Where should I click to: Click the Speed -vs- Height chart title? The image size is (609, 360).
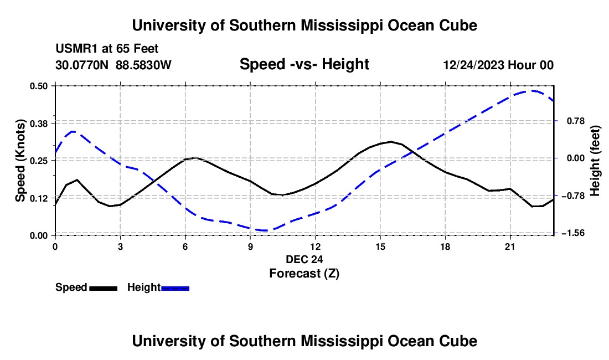click(x=304, y=64)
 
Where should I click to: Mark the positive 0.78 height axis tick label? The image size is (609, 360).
click(x=576, y=121)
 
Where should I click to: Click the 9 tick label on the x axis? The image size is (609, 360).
click(x=250, y=246)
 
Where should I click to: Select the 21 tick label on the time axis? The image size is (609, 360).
click(x=510, y=246)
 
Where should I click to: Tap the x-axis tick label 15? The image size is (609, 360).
click(x=380, y=246)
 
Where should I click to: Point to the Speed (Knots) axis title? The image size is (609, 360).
click(x=20, y=161)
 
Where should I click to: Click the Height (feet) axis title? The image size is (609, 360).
click(x=595, y=161)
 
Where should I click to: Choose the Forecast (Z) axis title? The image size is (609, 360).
click(x=304, y=274)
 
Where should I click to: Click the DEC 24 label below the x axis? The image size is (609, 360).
click(x=304, y=259)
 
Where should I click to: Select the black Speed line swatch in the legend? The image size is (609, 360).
click(x=104, y=288)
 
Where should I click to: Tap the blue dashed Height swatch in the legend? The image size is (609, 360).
click(x=175, y=288)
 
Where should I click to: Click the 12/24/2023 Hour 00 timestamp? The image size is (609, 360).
click(x=498, y=65)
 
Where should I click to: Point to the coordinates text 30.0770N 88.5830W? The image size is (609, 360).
click(x=113, y=65)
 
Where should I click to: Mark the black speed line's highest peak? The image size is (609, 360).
click(x=391, y=141)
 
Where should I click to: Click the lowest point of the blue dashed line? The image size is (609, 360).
click(x=266, y=231)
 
